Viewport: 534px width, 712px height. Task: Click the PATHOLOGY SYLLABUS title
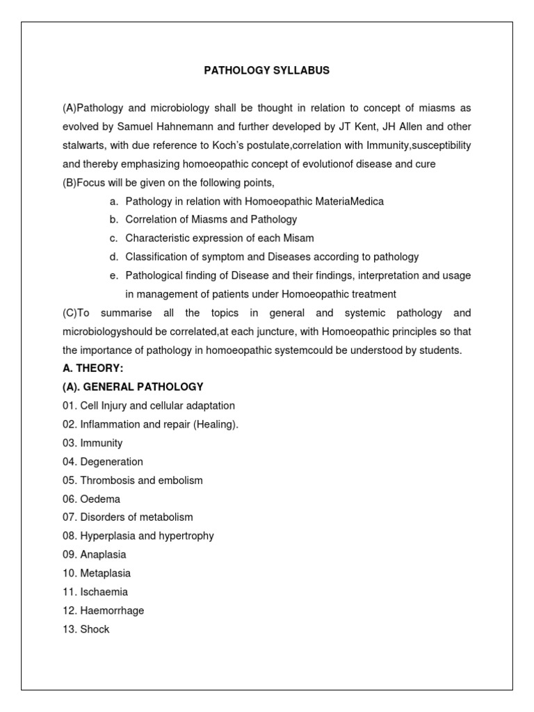coord(266,70)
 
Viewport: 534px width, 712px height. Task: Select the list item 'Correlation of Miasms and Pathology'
coord(211,220)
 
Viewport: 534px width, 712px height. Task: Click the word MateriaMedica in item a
coord(346,201)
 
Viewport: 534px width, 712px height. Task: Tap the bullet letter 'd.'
coord(113,257)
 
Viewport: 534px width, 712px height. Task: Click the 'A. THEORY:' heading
coord(92,369)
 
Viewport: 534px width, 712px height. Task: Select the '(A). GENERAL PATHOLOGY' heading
coord(133,387)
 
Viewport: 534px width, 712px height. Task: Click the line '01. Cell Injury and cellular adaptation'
coord(149,406)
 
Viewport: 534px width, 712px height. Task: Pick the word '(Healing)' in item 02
coord(216,425)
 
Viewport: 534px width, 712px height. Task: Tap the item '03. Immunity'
coord(92,443)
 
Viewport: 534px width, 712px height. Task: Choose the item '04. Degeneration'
coord(103,462)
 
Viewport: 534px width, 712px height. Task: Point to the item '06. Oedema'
coord(91,499)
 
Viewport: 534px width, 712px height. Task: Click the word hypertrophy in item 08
coord(186,536)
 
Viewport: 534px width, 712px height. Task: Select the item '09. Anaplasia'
coord(95,555)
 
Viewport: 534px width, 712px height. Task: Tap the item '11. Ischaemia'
coord(95,592)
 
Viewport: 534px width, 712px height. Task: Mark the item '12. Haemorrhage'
coord(104,610)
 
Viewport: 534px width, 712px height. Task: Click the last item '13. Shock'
coord(86,629)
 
